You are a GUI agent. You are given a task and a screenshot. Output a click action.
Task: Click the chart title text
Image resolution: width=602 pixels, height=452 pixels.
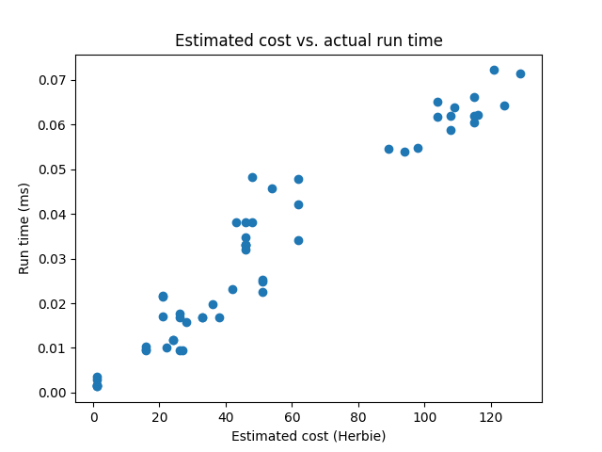tap(309, 40)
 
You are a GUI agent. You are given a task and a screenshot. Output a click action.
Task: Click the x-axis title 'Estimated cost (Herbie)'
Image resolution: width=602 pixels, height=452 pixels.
tap(309, 436)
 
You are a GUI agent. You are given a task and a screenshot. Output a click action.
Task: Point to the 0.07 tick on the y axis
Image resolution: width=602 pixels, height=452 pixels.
tap(53, 80)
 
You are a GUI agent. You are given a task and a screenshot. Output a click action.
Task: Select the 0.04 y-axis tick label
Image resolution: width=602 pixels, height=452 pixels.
tap(53, 214)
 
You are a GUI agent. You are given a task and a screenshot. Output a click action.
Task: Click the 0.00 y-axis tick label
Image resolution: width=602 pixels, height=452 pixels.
tap(53, 393)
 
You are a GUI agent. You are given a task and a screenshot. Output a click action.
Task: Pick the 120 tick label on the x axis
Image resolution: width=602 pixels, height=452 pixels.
tap(491, 417)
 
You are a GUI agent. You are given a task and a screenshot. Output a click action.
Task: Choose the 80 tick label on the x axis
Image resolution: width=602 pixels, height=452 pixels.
tap(358, 417)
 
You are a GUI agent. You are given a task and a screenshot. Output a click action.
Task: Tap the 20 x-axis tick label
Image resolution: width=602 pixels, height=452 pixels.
tap(160, 417)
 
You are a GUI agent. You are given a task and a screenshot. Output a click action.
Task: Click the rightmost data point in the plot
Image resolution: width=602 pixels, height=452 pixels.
tap(520, 73)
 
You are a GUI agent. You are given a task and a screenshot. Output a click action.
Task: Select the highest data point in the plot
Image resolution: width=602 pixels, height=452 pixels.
tap(494, 70)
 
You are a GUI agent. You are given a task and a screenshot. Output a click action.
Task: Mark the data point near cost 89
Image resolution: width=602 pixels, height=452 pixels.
tap(388, 149)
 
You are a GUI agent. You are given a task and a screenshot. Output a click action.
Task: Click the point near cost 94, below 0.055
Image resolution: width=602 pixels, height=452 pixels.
tap(404, 152)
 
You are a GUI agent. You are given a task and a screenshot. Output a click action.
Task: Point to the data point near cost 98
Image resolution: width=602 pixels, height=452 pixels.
tap(418, 148)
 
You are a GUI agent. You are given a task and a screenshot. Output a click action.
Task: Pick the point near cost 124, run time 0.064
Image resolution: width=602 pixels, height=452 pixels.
tap(504, 105)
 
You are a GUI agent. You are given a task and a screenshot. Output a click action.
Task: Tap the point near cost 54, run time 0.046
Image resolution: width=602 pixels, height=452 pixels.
tap(272, 188)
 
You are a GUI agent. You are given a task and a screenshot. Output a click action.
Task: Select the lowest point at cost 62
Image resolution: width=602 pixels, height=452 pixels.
tap(298, 240)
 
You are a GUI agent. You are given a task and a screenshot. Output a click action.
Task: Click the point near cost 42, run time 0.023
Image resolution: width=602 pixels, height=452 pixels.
tap(232, 289)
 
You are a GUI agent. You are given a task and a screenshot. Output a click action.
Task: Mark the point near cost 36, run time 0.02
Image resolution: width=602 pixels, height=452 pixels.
tap(213, 304)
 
